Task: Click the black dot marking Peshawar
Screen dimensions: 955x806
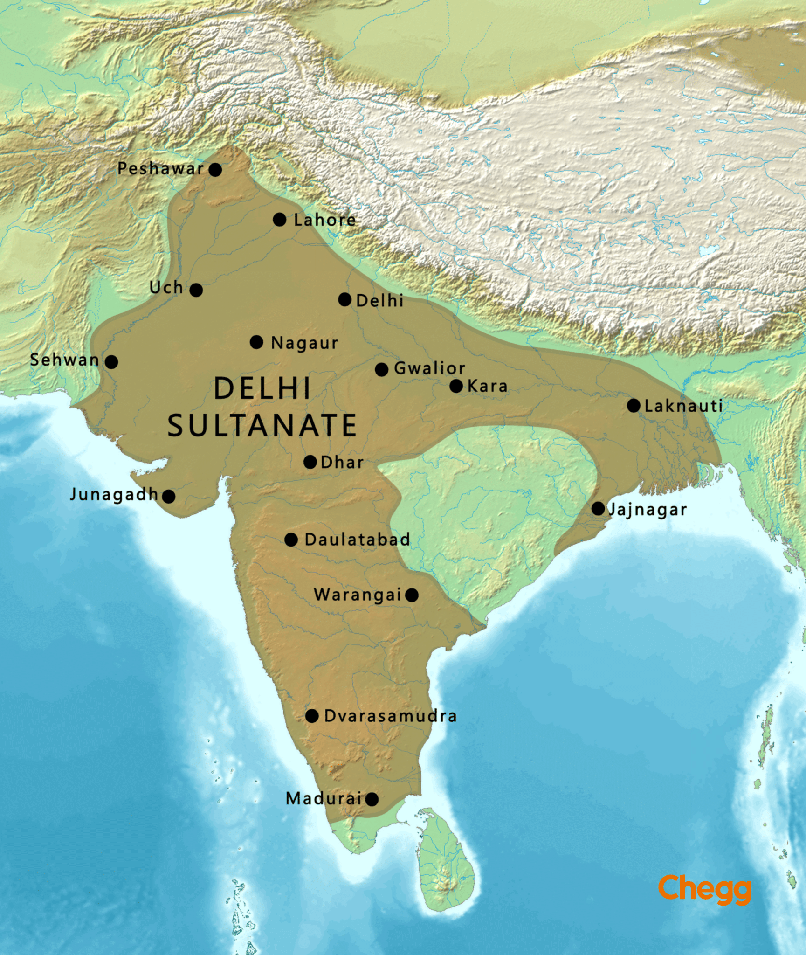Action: pos(215,169)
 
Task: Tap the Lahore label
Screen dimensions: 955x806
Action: pos(324,220)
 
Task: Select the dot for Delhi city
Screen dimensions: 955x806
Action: pos(344,299)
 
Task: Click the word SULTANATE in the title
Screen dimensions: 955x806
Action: pos(262,425)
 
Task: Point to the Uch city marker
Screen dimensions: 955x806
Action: pos(196,290)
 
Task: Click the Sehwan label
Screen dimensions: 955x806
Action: pos(64,360)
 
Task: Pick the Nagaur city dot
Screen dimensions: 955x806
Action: pos(256,342)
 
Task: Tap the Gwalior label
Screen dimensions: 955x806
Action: pos(429,368)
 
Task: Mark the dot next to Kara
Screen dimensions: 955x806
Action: pos(456,386)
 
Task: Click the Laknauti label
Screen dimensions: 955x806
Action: pos(683,406)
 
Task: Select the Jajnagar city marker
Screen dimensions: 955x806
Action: pos(598,508)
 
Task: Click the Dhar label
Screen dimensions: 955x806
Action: pos(342,463)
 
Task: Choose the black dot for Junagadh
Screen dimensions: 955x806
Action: pos(169,496)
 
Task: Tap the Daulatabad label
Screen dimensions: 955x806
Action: pos(357,540)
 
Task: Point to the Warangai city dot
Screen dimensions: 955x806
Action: pos(412,595)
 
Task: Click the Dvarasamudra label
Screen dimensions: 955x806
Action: pos(390,716)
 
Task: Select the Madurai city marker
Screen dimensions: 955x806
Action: pos(372,799)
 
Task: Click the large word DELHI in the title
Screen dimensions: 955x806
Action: pos(262,388)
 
